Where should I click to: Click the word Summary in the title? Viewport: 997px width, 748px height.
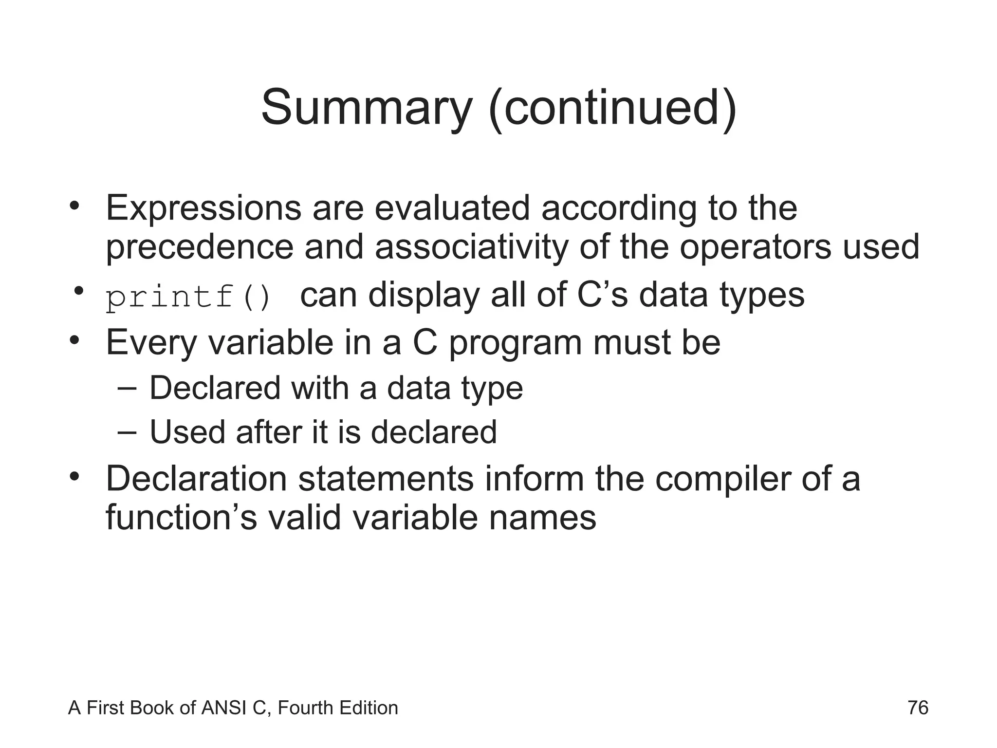367,108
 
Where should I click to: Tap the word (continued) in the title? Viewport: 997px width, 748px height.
612,108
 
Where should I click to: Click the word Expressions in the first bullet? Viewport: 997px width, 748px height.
203,208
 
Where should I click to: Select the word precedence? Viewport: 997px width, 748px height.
200,247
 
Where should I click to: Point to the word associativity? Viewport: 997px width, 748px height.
471,247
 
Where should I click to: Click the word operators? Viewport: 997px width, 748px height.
756,247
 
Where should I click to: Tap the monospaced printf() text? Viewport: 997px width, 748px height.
188,297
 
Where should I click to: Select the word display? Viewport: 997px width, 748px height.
424,295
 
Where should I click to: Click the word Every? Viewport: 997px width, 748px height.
151,343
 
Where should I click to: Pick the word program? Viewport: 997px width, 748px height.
515,343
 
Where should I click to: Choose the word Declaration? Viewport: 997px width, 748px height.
196,479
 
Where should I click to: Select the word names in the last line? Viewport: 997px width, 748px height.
542,517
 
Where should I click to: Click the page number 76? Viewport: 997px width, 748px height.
918,708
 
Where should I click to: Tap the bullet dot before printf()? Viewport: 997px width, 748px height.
77,291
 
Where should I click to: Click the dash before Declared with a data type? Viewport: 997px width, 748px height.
127,388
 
